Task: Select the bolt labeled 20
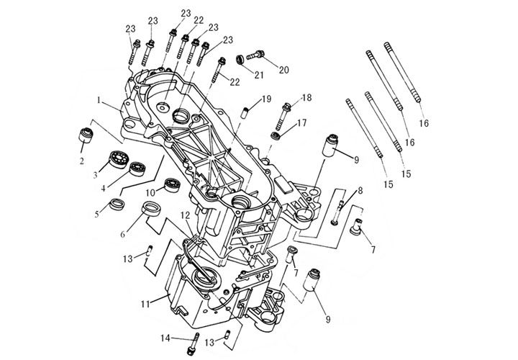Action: pos(256,55)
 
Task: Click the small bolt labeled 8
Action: pos(337,214)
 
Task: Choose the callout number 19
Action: pos(265,99)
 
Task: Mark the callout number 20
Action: pos(283,70)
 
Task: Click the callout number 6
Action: pos(123,235)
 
